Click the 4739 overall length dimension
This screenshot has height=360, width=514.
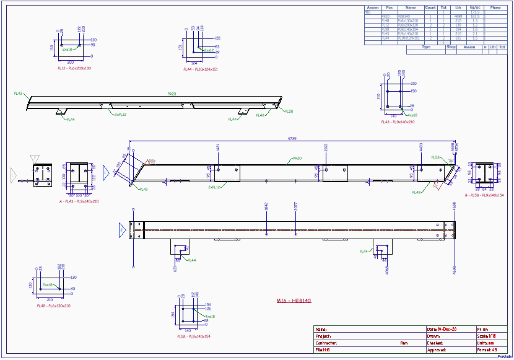[292, 138]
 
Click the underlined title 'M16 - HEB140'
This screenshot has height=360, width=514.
[294, 301]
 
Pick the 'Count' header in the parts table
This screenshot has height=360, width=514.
[430, 7]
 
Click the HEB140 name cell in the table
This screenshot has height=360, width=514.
[404, 16]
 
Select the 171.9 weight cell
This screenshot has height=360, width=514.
[474, 12]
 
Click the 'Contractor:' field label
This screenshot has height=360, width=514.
[326, 343]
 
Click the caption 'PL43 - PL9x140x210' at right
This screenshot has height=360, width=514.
[398, 122]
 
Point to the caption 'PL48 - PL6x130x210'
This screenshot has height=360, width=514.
[53, 305]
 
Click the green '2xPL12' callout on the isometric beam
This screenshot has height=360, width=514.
[120, 115]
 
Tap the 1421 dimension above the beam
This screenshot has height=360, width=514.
[218, 147]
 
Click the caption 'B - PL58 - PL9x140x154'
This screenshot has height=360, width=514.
[484, 195]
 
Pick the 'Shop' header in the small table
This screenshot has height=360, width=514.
[451, 46]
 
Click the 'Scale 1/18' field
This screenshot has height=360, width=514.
[486, 336]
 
